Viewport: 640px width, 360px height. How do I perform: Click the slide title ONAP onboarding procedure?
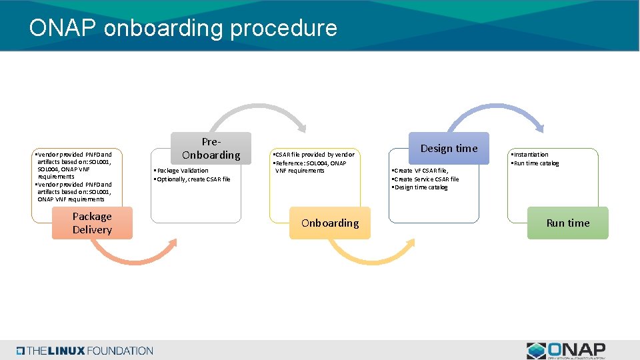(183, 28)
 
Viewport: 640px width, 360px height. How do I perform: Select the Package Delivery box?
(92, 223)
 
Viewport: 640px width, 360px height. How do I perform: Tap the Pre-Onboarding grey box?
(211, 148)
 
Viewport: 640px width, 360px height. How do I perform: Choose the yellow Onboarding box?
(330, 223)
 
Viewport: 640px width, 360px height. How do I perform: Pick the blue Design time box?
(449, 148)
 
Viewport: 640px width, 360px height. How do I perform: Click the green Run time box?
(568, 223)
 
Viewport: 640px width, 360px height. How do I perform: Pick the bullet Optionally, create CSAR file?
(193, 179)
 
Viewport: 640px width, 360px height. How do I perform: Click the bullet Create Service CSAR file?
(427, 179)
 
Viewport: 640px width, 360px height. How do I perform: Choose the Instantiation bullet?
(531, 155)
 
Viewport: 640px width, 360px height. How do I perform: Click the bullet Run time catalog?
(536, 163)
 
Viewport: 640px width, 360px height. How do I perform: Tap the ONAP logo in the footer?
(566, 351)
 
